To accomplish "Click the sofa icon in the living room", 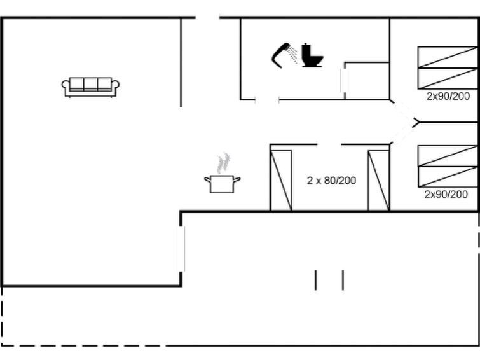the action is tap(91, 87).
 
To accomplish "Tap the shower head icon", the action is tap(284, 55).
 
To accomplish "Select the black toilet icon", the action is tap(312, 55).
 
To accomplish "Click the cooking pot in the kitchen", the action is tap(223, 184).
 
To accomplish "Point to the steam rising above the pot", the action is tap(223, 163).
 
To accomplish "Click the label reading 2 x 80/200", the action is tap(331, 181).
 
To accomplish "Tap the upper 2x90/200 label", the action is tap(448, 96).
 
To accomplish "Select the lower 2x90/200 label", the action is tap(446, 194).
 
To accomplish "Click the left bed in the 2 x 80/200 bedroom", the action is tap(281, 181).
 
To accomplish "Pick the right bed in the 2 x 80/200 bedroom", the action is tap(379, 181).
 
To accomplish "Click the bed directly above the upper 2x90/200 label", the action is tap(448, 78).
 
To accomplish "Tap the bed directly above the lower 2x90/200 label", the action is tap(448, 176).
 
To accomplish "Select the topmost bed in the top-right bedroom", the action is tap(448, 57).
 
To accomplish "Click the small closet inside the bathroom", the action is tap(367, 81).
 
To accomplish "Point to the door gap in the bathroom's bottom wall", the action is tap(267, 100).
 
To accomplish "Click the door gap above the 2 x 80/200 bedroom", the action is tap(329, 144).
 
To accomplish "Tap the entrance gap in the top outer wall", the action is tap(207, 18).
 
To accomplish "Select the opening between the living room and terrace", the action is tap(181, 249).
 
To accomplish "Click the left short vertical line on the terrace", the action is tap(316, 280).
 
